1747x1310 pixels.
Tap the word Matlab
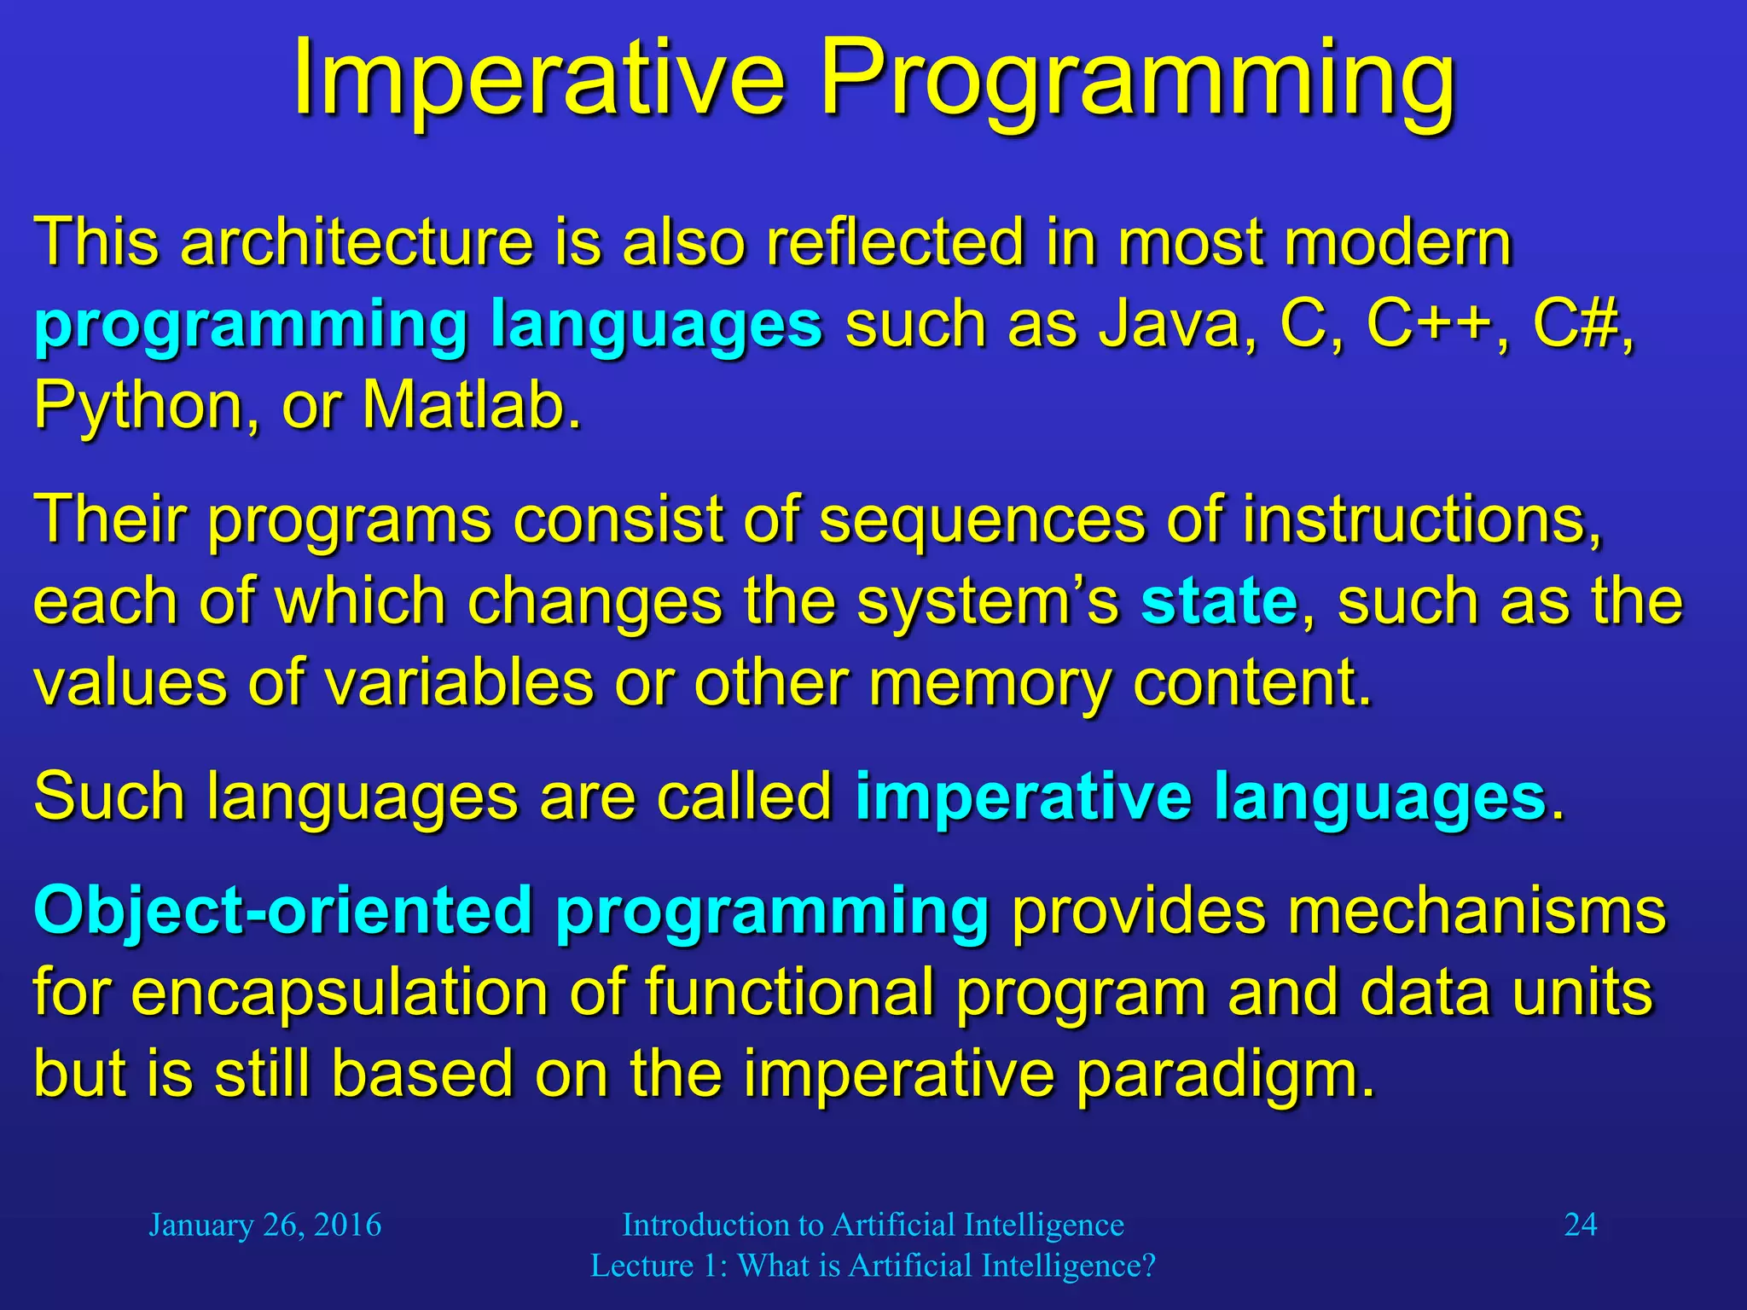(472, 405)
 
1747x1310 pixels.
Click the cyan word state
(1219, 601)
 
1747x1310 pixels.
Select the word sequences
(981, 520)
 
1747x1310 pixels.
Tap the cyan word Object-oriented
(282, 910)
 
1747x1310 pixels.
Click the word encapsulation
(339, 993)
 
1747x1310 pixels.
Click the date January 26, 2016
(264, 1225)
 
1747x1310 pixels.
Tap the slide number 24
(1580, 1225)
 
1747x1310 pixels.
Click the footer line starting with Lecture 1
(873, 1266)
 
